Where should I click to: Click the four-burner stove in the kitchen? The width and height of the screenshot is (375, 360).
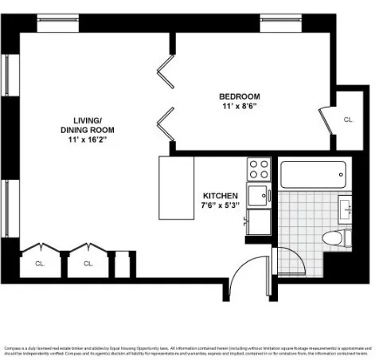(259, 169)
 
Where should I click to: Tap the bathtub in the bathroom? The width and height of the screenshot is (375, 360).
(313, 172)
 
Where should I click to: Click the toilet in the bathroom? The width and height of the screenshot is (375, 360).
(334, 237)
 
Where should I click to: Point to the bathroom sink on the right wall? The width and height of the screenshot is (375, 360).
(346, 209)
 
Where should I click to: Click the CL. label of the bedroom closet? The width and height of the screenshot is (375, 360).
(348, 119)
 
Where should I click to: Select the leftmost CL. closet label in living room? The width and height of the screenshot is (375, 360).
(40, 262)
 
